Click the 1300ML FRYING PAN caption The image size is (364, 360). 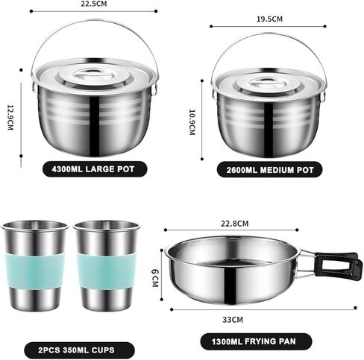pyautogui.click(x=248, y=342)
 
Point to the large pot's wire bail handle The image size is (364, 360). pyautogui.click(x=95, y=24)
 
